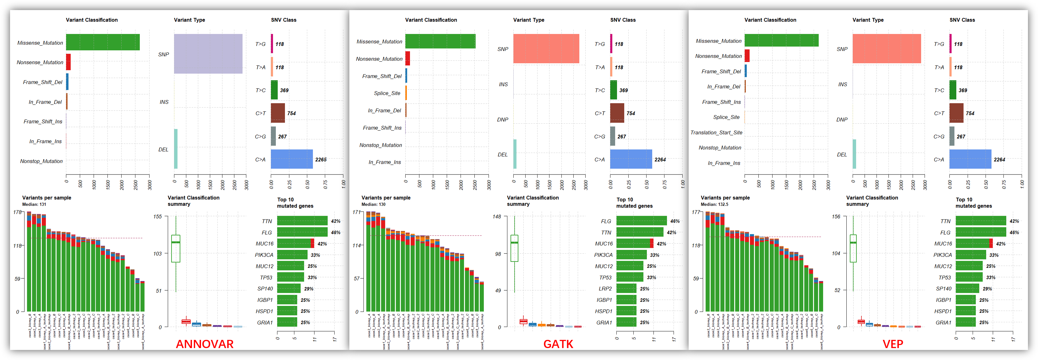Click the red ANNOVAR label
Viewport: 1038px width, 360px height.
(205, 344)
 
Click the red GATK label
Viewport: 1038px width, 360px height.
(558, 344)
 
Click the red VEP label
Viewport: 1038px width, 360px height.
(893, 344)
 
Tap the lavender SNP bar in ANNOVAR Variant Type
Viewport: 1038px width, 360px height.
(208, 54)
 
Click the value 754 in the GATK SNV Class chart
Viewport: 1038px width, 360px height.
(631, 113)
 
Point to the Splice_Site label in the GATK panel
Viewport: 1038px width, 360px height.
(387, 93)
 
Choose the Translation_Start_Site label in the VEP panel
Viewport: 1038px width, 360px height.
(716, 133)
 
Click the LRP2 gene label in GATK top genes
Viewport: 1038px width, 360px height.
(605, 289)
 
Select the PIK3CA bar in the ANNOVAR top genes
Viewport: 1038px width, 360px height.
(292, 255)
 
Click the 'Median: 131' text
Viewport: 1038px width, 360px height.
(34, 204)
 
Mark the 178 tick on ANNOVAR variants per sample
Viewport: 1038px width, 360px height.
(17, 212)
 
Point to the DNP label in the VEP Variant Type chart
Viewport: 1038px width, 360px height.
(842, 120)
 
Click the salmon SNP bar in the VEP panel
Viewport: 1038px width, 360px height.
(887, 48)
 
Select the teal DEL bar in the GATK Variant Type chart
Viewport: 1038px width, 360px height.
(515, 154)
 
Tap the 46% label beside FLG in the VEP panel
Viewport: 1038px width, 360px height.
(1014, 233)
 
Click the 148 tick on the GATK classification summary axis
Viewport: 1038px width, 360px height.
(496, 217)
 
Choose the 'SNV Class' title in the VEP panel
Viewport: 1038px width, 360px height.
(962, 20)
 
